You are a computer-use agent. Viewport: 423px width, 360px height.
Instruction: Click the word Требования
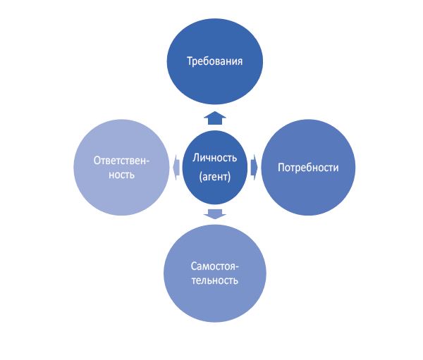(215, 61)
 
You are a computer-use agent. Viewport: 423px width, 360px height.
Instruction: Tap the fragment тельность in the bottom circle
(215, 282)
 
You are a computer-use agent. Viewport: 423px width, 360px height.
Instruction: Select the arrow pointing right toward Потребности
(259, 168)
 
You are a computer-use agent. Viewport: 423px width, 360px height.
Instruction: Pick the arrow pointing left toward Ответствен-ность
(174, 168)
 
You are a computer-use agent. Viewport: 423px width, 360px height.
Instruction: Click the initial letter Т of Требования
(190, 61)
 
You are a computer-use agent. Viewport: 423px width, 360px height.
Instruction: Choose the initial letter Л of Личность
(195, 157)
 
